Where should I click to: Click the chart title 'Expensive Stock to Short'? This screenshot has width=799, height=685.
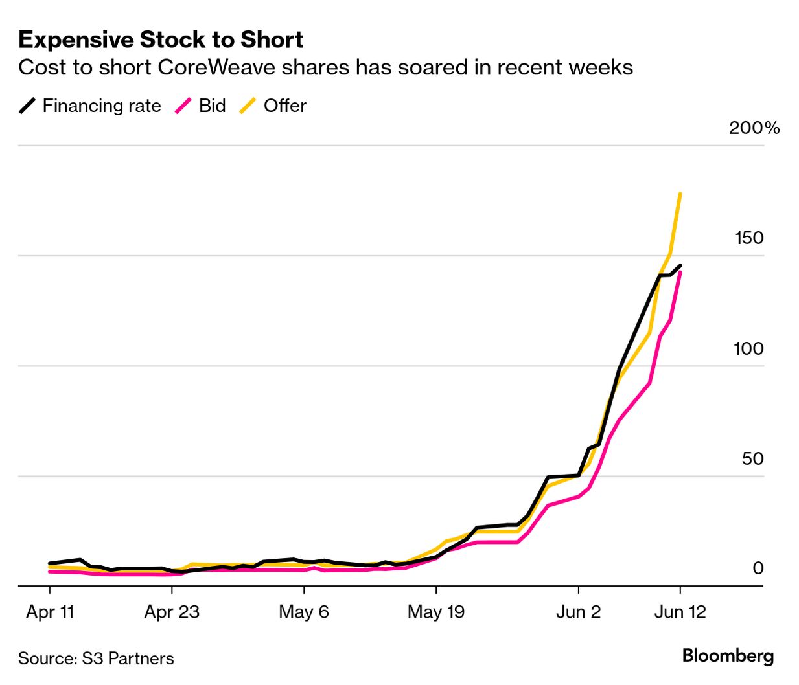[161, 40]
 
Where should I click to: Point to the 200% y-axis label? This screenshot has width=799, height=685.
[754, 128]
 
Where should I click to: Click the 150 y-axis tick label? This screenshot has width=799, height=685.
[749, 238]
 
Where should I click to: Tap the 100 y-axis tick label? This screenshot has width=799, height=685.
[748, 348]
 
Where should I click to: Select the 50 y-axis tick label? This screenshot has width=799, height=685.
[752, 458]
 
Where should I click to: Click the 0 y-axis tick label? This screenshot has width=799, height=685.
[758, 568]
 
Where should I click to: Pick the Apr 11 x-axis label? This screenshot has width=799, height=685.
[50, 612]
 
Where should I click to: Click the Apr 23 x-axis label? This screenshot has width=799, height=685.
[172, 612]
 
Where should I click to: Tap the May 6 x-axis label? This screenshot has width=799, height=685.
[304, 612]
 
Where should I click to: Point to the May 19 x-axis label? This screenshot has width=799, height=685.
[436, 612]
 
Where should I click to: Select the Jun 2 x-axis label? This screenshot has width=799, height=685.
[578, 612]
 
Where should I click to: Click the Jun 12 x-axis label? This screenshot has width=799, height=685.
[680, 612]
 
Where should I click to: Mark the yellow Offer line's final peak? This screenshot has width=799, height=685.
[680, 194]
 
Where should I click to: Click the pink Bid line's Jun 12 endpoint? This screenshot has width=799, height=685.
[680, 273]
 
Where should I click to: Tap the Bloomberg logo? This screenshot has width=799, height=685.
[728, 656]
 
